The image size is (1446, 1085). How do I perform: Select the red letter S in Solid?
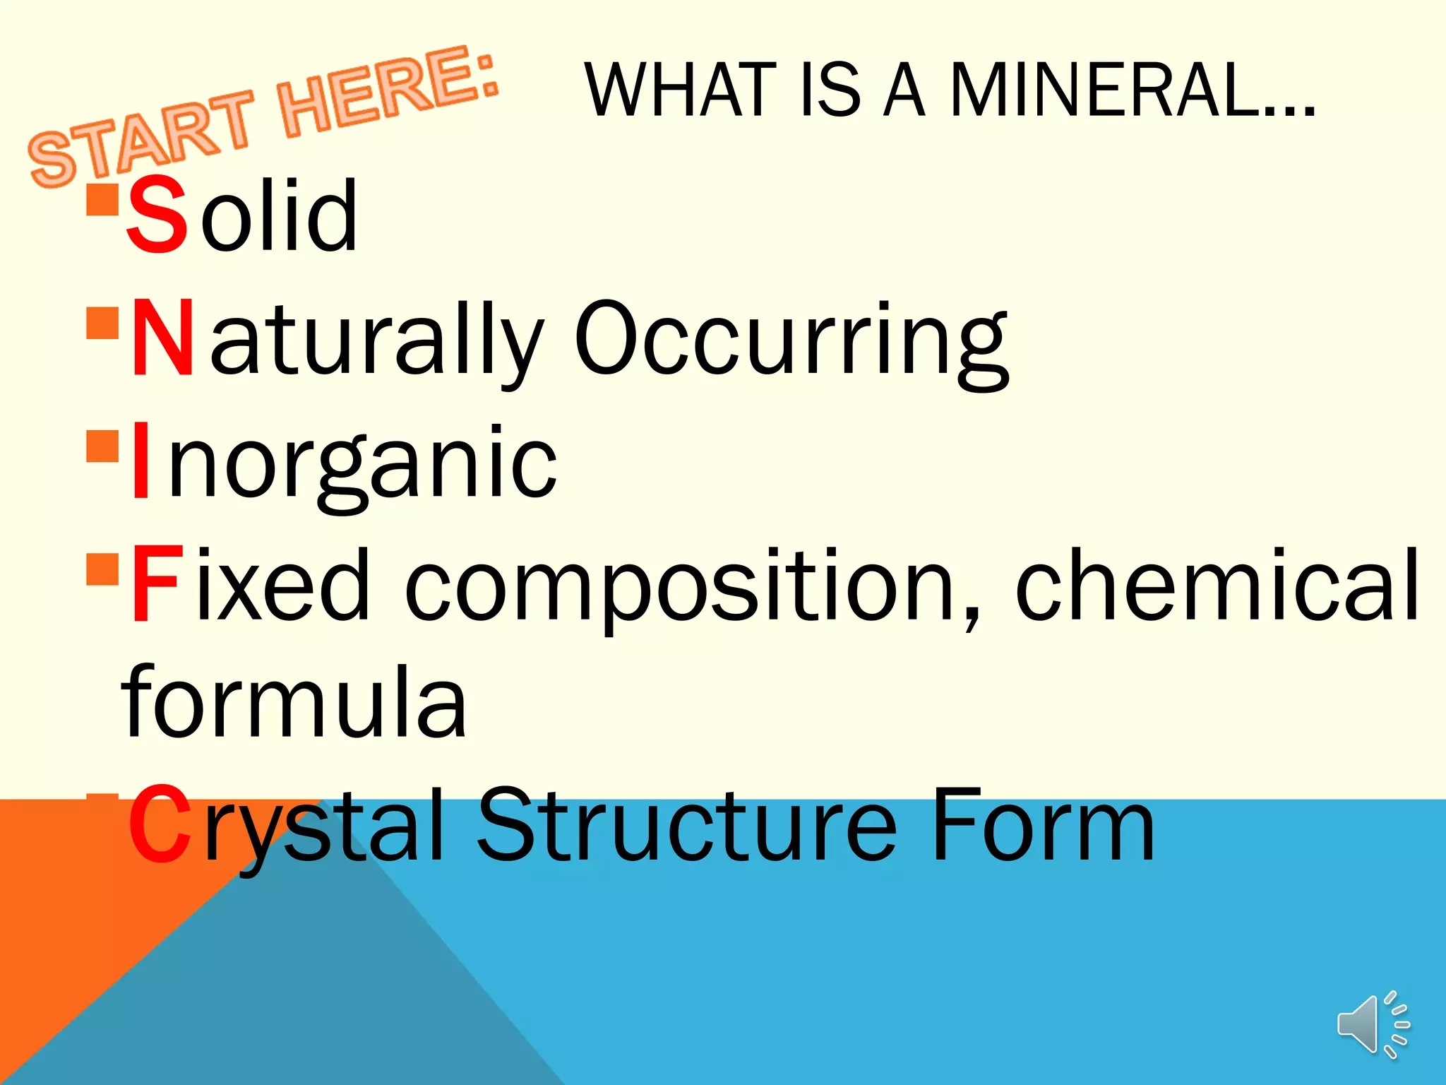tap(157, 215)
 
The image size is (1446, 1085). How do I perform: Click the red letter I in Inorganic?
tap(141, 461)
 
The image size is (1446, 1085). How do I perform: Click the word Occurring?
tap(791, 339)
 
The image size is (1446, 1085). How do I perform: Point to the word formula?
tap(294, 702)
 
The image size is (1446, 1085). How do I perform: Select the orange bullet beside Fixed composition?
tap(102, 569)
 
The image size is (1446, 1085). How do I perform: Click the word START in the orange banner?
tap(141, 138)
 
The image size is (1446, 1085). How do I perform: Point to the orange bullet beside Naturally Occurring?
tap(102, 323)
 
